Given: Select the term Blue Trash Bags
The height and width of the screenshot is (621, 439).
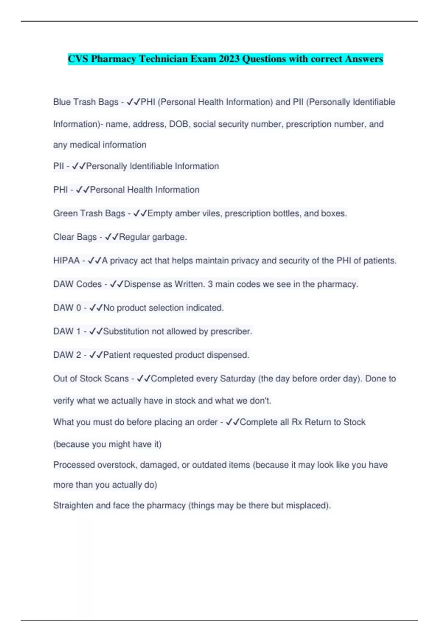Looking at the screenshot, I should [x=86, y=102].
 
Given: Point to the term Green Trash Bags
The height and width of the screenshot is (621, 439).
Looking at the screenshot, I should [x=89, y=213].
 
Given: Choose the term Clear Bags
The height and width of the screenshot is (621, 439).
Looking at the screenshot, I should [x=75, y=237].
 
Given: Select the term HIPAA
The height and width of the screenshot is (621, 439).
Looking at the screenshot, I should [x=66, y=260].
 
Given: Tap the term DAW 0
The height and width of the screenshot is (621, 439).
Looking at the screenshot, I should [x=67, y=308].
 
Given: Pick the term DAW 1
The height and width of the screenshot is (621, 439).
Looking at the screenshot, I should [x=67, y=331].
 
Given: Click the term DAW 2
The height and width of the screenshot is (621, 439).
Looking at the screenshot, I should [x=67, y=355].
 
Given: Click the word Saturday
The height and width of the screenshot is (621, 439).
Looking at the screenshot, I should [x=237, y=378].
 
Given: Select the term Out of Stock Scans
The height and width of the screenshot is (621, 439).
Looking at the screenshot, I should [x=91, y=378].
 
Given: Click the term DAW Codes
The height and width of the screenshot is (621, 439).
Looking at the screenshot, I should [x=77, y=284].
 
